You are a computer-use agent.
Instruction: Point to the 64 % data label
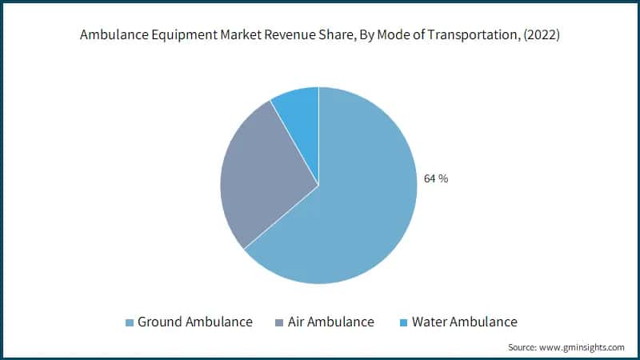[x=435, y=178]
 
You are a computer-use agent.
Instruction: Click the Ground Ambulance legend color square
[x=129, y=322]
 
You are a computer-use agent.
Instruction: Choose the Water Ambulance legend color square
[x=404, y=322]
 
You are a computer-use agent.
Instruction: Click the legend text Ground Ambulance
[x=195, y=322]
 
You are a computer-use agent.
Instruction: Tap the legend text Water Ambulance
[x=465, y=322]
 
